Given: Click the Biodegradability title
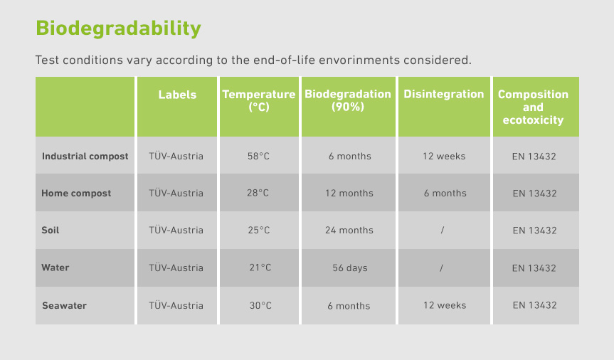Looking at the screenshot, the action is [118, 28].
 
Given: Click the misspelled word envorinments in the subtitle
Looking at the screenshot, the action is [359, 60].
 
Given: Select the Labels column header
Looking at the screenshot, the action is [177, 95].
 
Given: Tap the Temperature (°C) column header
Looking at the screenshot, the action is [259, 100].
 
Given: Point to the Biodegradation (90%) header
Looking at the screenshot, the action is [348, 100].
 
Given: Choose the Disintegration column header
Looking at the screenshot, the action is [444, 95].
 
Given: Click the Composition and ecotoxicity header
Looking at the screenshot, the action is [533, 107].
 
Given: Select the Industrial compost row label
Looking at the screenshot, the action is [85, 157].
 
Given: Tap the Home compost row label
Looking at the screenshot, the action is [76, 194].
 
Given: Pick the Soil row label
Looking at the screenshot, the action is [50, 231].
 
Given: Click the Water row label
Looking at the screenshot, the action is [55, 268].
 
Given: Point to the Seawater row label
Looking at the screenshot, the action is [64, 305].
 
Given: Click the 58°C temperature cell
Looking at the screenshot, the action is [258, 157].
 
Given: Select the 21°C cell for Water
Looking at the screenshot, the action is [260, 268].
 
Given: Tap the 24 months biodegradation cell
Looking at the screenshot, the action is [349, 231].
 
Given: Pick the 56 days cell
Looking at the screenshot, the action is [349, 268].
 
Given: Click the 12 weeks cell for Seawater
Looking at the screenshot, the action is [445, 305].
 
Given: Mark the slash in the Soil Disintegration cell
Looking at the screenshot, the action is [443, 231].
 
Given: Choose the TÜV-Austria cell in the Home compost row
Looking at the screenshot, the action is [176, 193].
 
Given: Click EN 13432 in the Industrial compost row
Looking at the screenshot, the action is [534, 157].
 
